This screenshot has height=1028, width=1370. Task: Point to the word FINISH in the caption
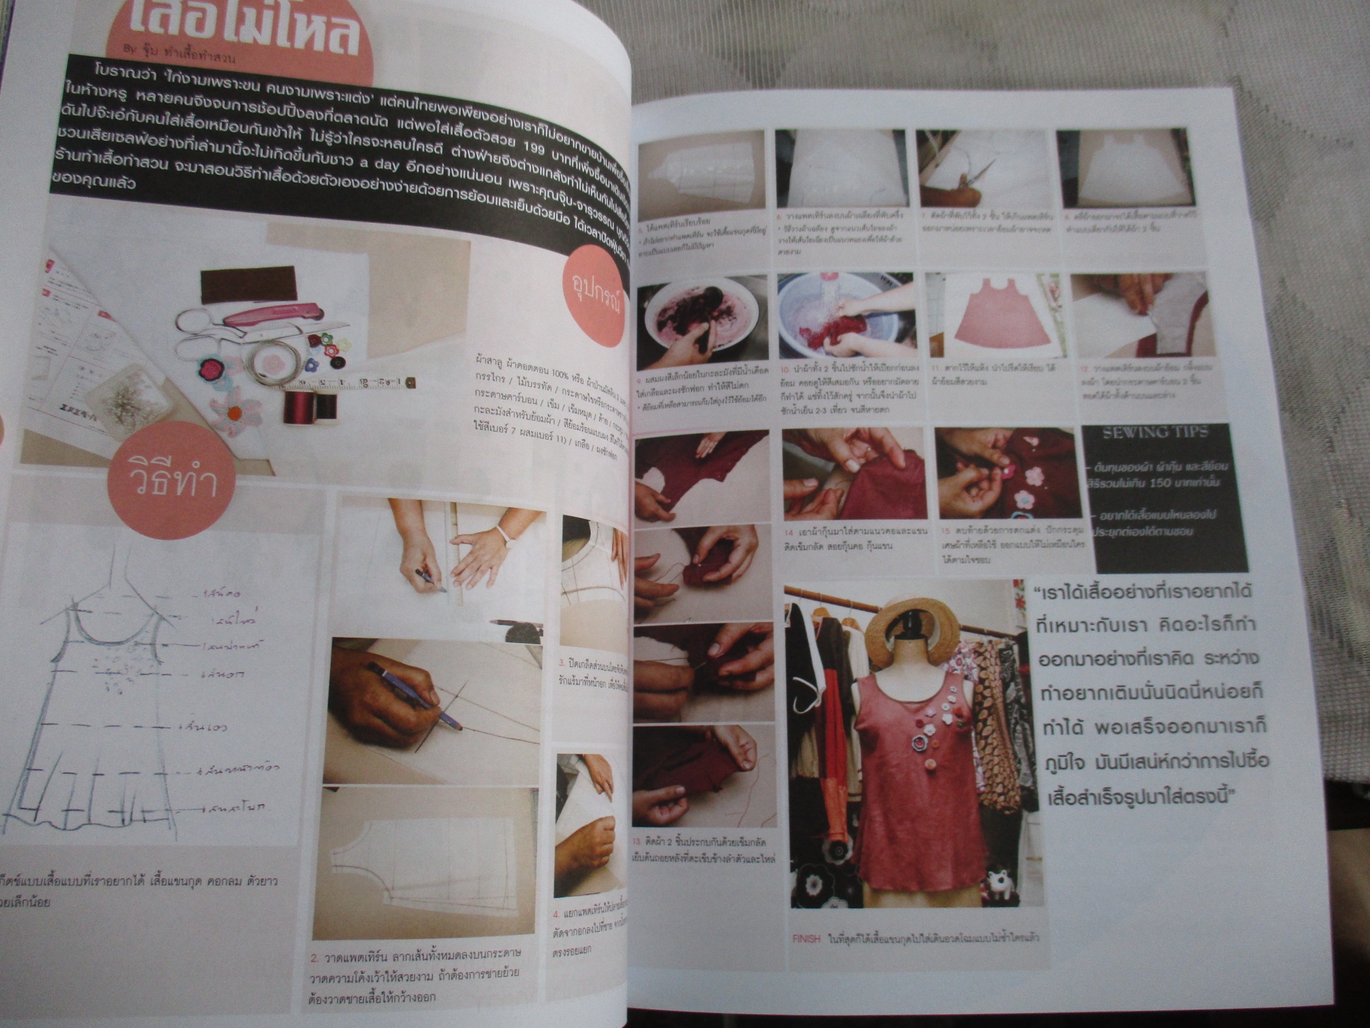[806, 938]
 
